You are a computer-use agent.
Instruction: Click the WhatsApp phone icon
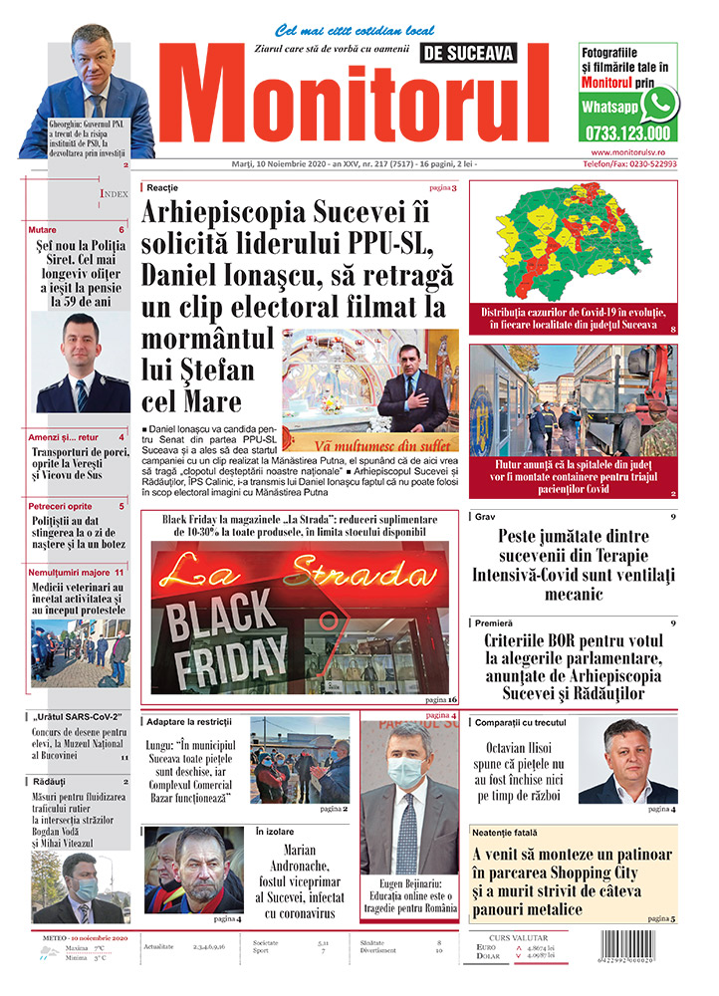point(659,104)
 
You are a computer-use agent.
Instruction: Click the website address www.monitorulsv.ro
point(627,151)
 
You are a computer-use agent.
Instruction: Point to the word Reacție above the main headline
point(162,187)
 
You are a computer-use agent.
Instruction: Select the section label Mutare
point(43,230)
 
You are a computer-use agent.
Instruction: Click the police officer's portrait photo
point(82,364)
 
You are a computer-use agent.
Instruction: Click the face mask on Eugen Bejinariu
point(407,772)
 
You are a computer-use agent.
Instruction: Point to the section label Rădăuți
point(47,782)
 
